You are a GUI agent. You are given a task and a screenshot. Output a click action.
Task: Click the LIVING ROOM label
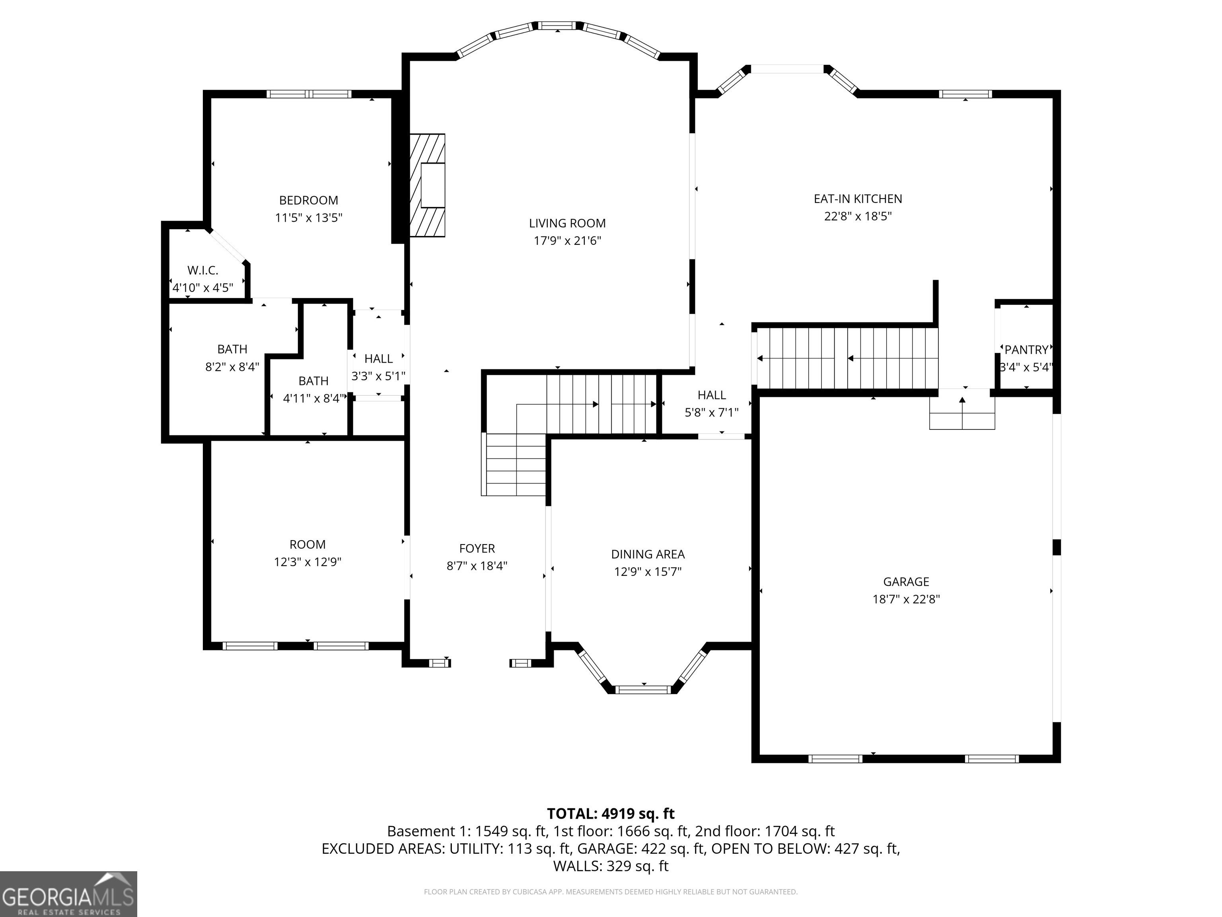point(567,223)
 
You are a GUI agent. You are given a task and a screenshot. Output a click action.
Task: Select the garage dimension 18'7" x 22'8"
point(906,599)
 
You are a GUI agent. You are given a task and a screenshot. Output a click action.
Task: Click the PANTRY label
point(1026,350)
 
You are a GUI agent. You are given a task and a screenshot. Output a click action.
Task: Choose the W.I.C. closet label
point(203,270)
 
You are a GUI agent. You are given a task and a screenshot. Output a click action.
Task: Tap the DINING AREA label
point(648,554)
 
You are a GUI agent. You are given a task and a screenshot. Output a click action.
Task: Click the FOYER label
point(477,548)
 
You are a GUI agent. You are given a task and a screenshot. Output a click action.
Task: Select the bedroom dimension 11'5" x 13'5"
point(309,218)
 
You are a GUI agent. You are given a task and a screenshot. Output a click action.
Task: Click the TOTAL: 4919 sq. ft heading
point(611,814)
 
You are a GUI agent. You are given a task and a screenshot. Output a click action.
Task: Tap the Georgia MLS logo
point(68,894)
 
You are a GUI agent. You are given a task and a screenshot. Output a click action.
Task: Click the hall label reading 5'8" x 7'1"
point(712,412)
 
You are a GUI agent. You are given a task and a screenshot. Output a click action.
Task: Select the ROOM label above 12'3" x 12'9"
point(308,544)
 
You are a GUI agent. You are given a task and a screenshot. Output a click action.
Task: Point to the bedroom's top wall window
point(309,94)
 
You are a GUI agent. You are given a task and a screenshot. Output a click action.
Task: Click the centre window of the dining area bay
point(644,689)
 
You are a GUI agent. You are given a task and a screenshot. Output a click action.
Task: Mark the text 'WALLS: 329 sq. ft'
point(611,866)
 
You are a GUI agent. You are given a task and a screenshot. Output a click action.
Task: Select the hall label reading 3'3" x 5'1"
point(378,376)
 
